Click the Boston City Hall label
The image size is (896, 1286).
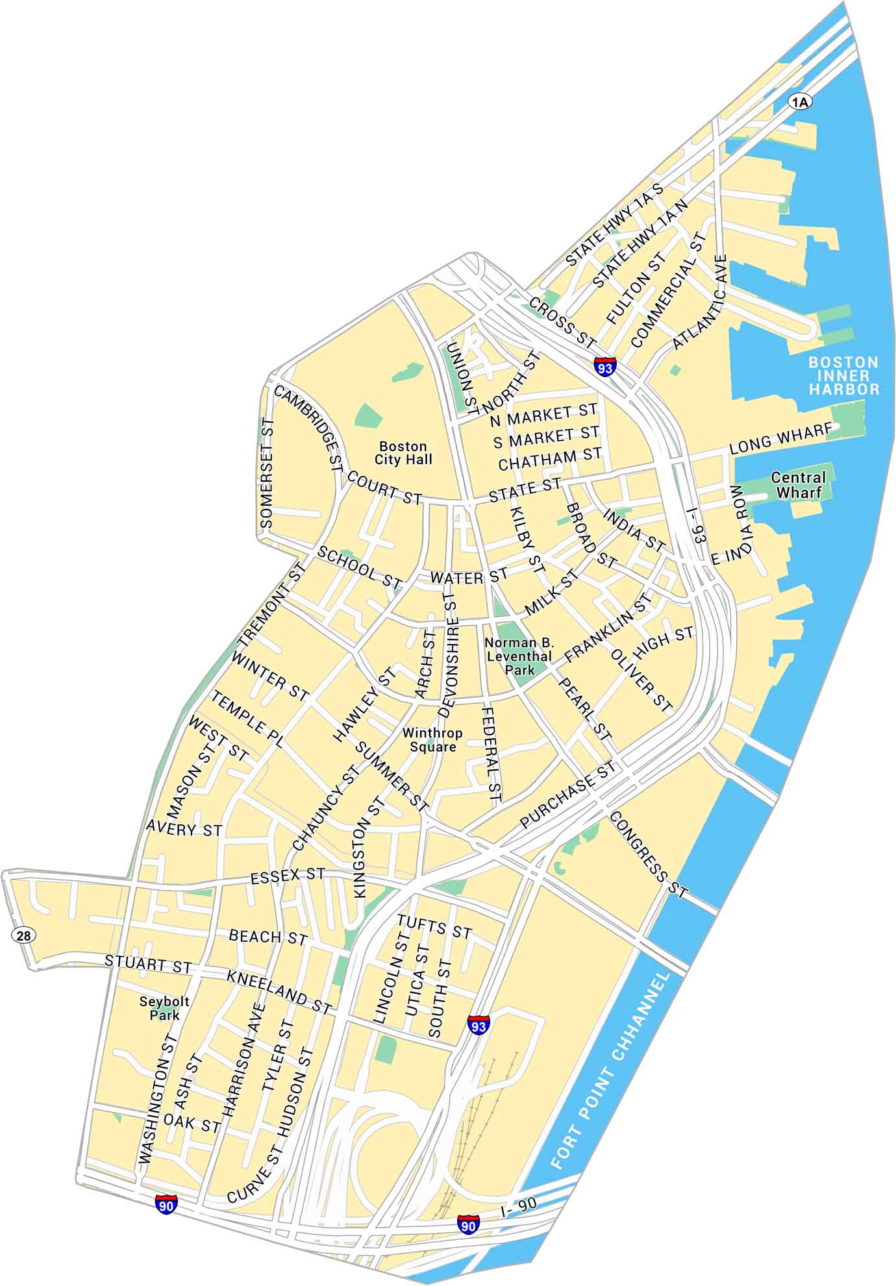(x=403, y=452)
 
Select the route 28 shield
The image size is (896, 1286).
(x=23, y=935)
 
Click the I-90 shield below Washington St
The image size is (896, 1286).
(x=166, y=1205)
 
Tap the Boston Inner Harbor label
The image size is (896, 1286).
(x=843, y=375)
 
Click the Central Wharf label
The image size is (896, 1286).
(x=798, y=485)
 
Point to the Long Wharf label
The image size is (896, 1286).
(x=780, y=439)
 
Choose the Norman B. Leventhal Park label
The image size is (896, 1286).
(x=520, y=656)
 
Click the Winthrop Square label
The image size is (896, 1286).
(x=432, y=739)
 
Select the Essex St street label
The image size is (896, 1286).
(x=287, y=876)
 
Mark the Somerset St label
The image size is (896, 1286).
(x=267, y=473)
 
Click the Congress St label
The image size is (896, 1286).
(x=647, y=855)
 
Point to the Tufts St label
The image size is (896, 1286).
(x=434, y=926)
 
